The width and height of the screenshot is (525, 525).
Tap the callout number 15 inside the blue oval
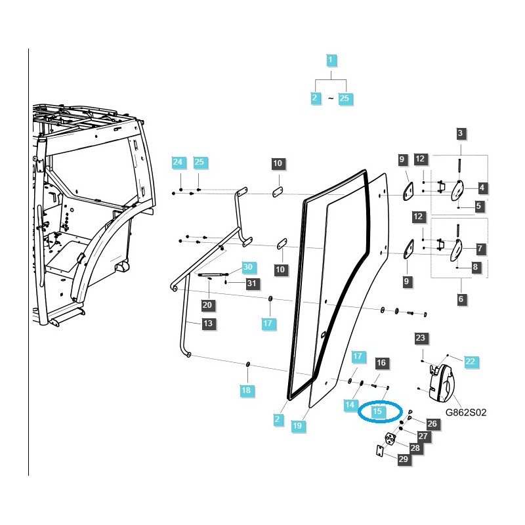[x=377, y=411]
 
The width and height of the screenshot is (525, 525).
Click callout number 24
[x=178, y=162]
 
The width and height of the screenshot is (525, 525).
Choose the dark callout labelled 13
[x=207, y=324]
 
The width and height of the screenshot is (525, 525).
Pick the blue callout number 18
[x=245, y=390]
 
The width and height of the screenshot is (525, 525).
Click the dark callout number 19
[x=297, y=425]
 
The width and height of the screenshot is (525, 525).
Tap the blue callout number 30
[x=247, y=267]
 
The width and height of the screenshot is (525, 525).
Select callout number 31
[x=251, y=283]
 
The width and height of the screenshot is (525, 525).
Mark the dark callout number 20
[x=207, y=304]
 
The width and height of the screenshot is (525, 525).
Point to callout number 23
[x=421, y=339]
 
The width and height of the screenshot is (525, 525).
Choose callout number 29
[x=404, y=459]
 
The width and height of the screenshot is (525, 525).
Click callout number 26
[x=431, y=424]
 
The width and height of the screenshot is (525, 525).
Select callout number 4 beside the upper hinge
[x=482, y=188]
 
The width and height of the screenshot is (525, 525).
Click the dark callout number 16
[x=381, y=362]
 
